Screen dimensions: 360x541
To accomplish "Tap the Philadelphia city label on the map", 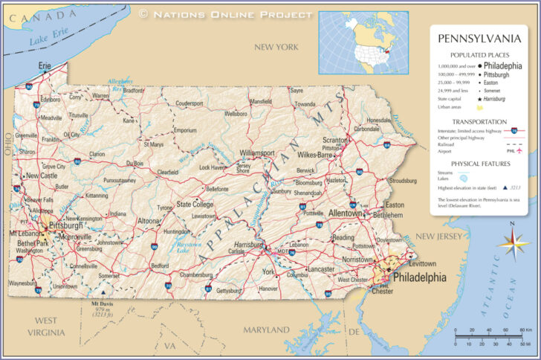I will tap(419, 277).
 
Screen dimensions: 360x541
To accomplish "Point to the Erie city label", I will tap(45, 65).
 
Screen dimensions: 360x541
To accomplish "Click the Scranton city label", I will tap(334, 140).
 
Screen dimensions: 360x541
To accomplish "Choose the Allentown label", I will tap(345, 213).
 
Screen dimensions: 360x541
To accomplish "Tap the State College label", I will tap(194, 204).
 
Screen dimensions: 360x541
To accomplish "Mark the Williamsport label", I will tap(256, 153).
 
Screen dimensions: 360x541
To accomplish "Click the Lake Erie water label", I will tap(48, 38).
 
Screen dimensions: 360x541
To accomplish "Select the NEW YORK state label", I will tap(276, 47).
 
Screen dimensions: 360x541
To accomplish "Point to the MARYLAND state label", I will tap(266, 329).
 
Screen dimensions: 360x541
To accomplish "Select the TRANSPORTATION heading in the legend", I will tap(479, 121).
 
